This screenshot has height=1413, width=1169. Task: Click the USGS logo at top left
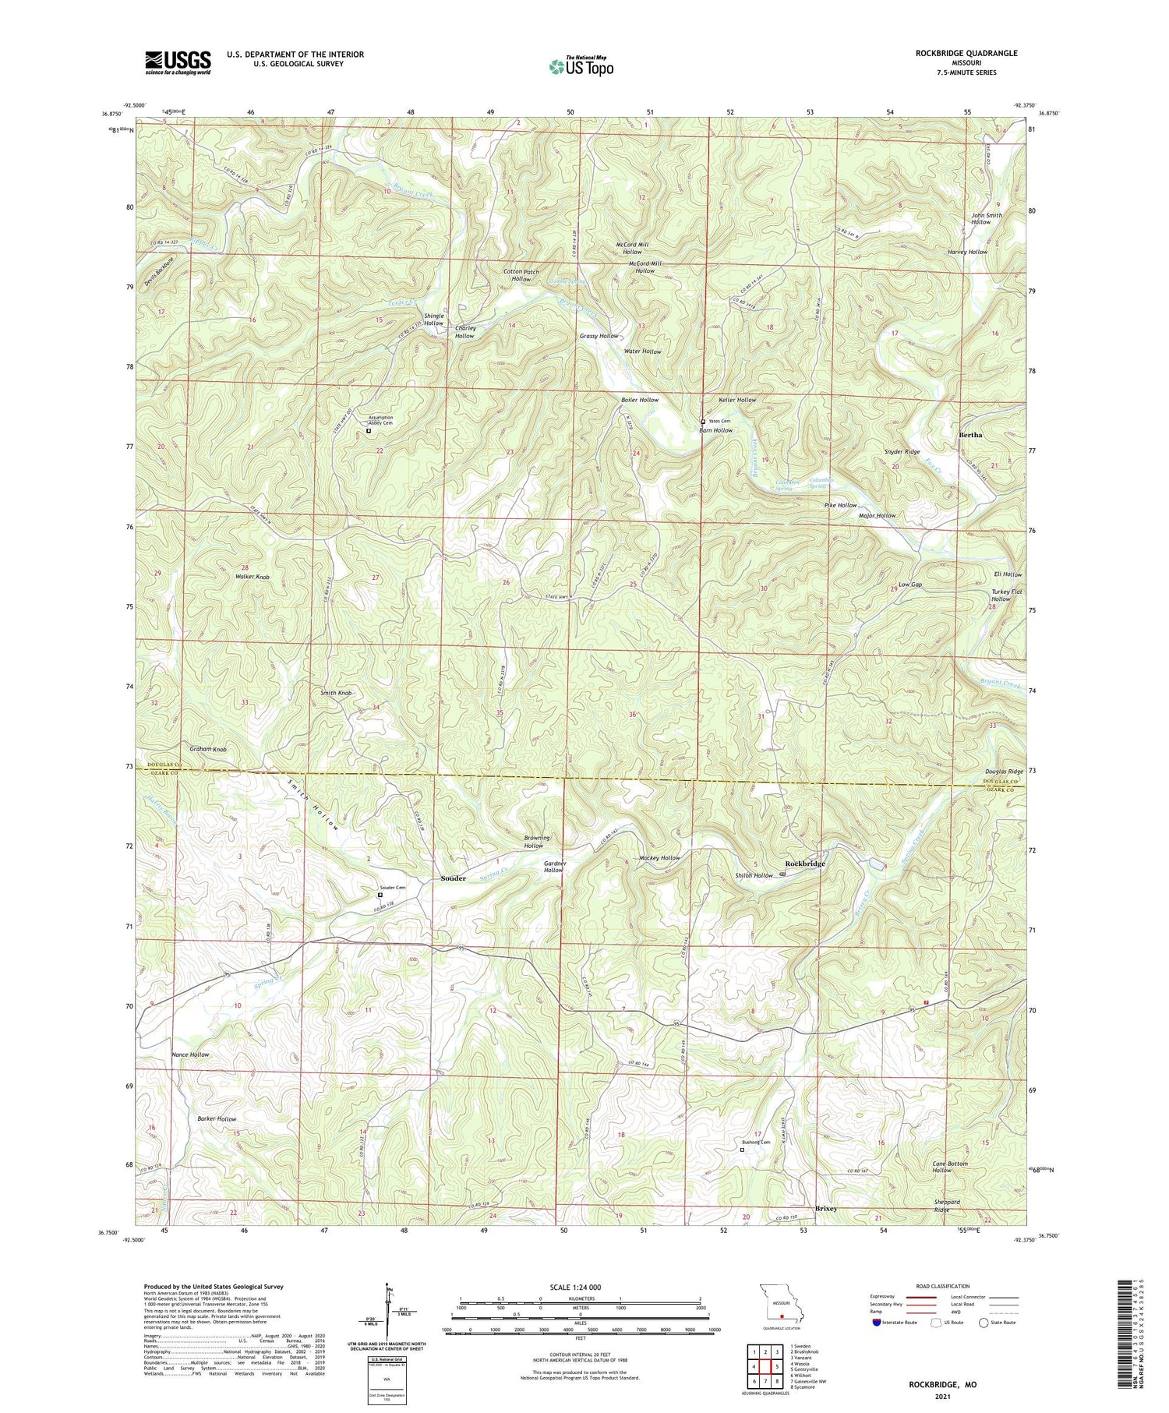click(x=178, y=62)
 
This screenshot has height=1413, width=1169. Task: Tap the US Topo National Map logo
click(x=580, y=66)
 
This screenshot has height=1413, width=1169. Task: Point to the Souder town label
click(x=453, y=878)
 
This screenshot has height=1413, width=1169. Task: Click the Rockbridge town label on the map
click(x=804, y=864)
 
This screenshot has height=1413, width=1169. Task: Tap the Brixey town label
click(x=825, y=1208)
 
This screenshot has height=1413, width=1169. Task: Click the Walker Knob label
click(x=253, y=577)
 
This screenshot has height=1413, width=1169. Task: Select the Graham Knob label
click(x=208, y=749)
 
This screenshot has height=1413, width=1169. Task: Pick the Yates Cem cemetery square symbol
click(x=703, y=422)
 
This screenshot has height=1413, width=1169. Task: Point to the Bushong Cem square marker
click(x=742, y=1150)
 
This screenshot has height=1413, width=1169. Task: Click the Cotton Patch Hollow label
click(x=521, y=275)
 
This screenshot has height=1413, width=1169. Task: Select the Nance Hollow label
click(x=190, y=1054)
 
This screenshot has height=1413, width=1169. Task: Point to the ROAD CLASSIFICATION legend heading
click(x=943, y=1286)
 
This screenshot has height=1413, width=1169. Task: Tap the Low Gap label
click(x=910, y=585)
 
